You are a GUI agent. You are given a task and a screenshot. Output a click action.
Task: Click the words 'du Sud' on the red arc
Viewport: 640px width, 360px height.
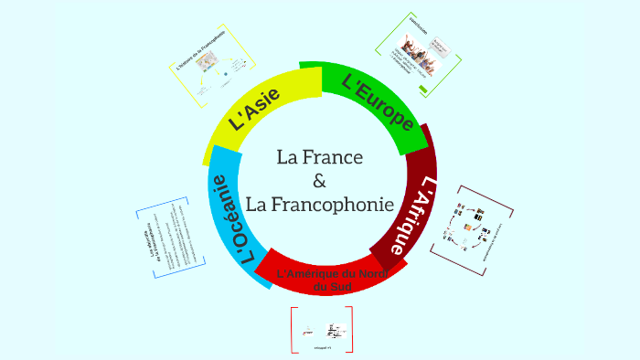click(326, 288)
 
